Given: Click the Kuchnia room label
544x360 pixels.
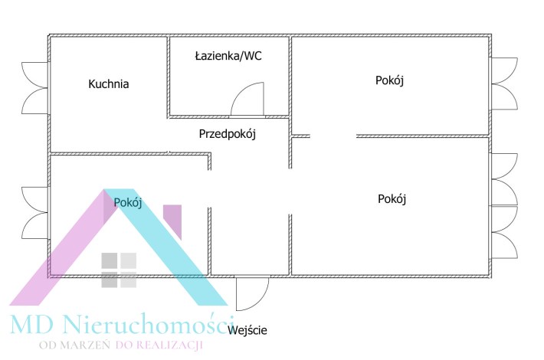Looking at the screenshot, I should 108,84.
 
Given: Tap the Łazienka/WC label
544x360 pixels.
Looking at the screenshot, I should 229,56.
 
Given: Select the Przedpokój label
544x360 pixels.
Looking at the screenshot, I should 227,133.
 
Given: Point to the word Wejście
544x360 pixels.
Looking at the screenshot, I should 247,330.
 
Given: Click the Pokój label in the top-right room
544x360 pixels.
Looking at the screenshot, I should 389,80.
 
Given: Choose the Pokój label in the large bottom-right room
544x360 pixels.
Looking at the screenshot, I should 391,199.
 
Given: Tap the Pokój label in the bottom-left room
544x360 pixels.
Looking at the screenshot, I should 127,203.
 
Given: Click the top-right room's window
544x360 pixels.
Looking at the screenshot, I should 503,83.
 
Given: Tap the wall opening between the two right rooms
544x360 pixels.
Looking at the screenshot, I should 333,136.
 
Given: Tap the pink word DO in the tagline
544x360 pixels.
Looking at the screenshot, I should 124,345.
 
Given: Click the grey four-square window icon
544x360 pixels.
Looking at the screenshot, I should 119,270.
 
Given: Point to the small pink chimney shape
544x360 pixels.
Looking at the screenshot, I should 173,220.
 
